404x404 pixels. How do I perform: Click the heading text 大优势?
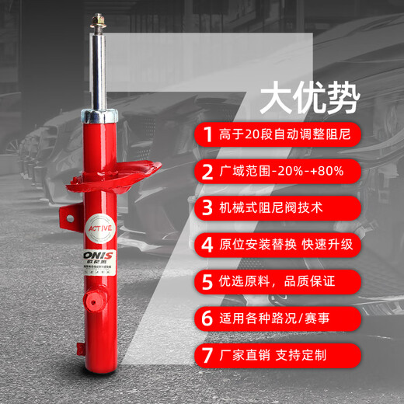pyautogui.click(x=309, y=98)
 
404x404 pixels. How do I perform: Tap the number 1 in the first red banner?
pyautogui.click(x=207, y=134)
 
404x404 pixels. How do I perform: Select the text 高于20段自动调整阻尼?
pyautogui.click(x=286, y=134)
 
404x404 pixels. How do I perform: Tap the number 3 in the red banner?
pyautogui.click(x=207, y=208)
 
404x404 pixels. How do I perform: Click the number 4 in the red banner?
pyautogui.click(x=207, y=246)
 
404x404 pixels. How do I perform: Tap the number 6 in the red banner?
pyautogui.click(x=207, y=319)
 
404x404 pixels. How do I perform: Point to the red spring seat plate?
pyautogui.click(x=140, y=174)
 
